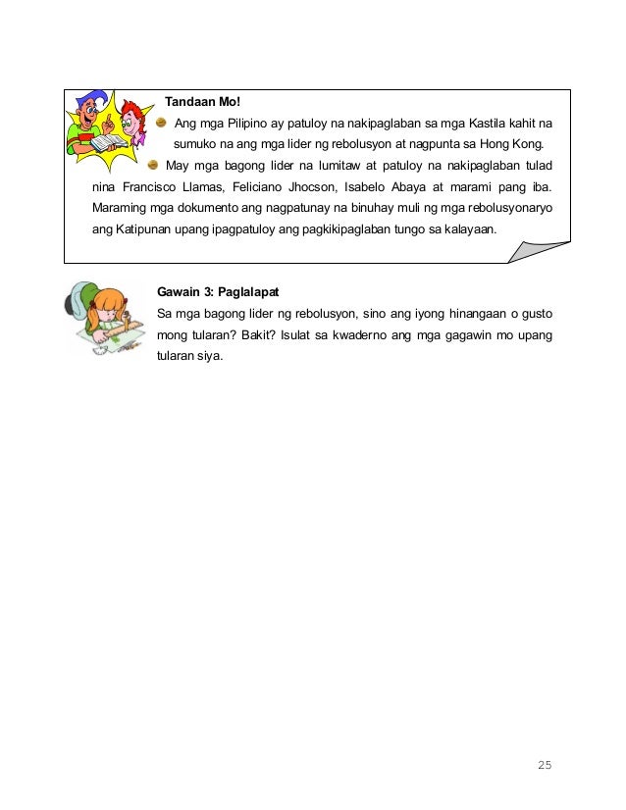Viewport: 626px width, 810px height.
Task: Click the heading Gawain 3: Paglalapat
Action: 219,293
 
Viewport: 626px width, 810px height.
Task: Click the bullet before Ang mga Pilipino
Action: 162,123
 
